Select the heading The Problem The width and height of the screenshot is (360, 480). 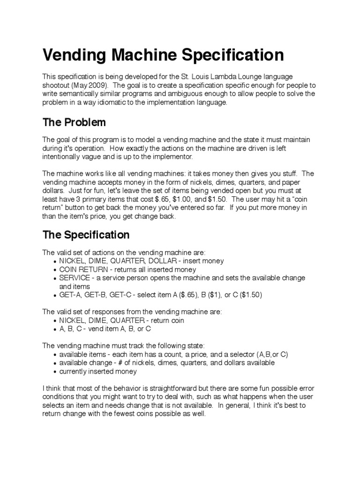pyautogui.click(x=74, y=122)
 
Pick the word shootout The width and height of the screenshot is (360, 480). pyautogui.click(x=58, y=85)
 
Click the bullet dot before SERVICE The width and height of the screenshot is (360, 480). pyautogui.click(x=55, y=278)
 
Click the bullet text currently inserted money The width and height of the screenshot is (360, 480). pyautogui.click(x=98, y=371)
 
